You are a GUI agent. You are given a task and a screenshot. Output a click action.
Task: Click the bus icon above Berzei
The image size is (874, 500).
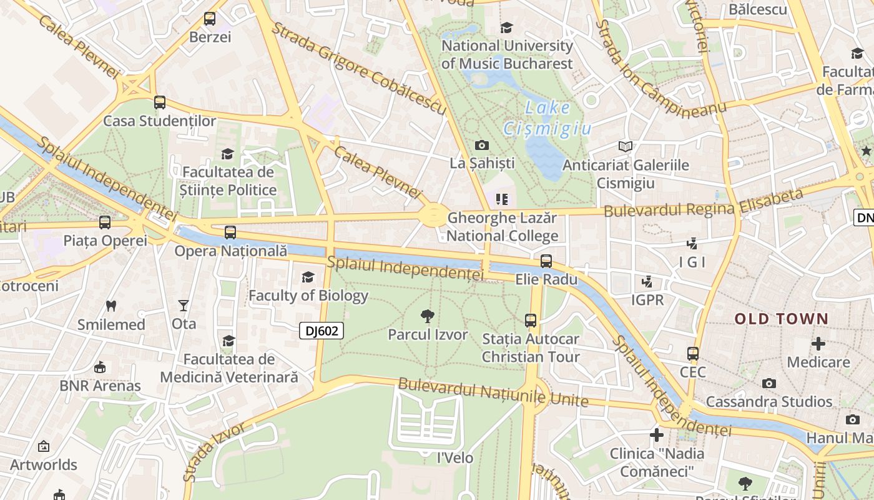[210, 19]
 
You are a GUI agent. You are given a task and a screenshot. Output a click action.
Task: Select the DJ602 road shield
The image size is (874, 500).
[322, 331]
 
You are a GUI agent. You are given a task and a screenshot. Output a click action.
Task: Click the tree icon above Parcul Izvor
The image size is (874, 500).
[428, 316]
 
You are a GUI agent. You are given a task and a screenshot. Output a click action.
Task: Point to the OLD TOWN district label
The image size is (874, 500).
[781, 319]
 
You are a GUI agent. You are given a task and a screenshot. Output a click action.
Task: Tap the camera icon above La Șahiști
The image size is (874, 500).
[482, 145]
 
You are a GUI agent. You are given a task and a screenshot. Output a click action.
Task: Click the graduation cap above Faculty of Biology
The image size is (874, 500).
[308, 277]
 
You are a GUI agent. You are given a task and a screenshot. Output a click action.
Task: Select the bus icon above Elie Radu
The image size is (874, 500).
[546, 261]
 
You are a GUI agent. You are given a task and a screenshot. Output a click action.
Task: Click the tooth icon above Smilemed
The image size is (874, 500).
[111, 306]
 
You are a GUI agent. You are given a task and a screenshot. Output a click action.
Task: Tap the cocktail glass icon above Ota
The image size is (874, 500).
[183, 305]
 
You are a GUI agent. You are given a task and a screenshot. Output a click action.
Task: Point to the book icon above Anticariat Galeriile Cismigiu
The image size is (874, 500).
[625, 147]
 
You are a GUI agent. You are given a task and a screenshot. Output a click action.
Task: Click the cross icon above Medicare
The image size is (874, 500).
[818, 343]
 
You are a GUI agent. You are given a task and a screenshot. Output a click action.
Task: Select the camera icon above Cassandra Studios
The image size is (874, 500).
[768, 383]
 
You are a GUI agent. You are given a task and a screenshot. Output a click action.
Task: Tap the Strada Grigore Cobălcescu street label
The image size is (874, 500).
[358, 69]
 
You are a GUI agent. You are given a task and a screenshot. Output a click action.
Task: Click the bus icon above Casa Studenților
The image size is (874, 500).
[160, 102]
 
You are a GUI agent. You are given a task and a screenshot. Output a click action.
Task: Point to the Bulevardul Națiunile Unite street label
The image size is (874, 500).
[493, 392]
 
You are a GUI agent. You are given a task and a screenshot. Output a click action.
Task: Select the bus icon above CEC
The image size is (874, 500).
[693, 353]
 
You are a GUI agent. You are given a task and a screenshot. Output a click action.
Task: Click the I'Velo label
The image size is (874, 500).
[454, 457]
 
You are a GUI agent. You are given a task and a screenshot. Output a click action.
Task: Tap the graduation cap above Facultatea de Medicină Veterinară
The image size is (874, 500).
[229, 341]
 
